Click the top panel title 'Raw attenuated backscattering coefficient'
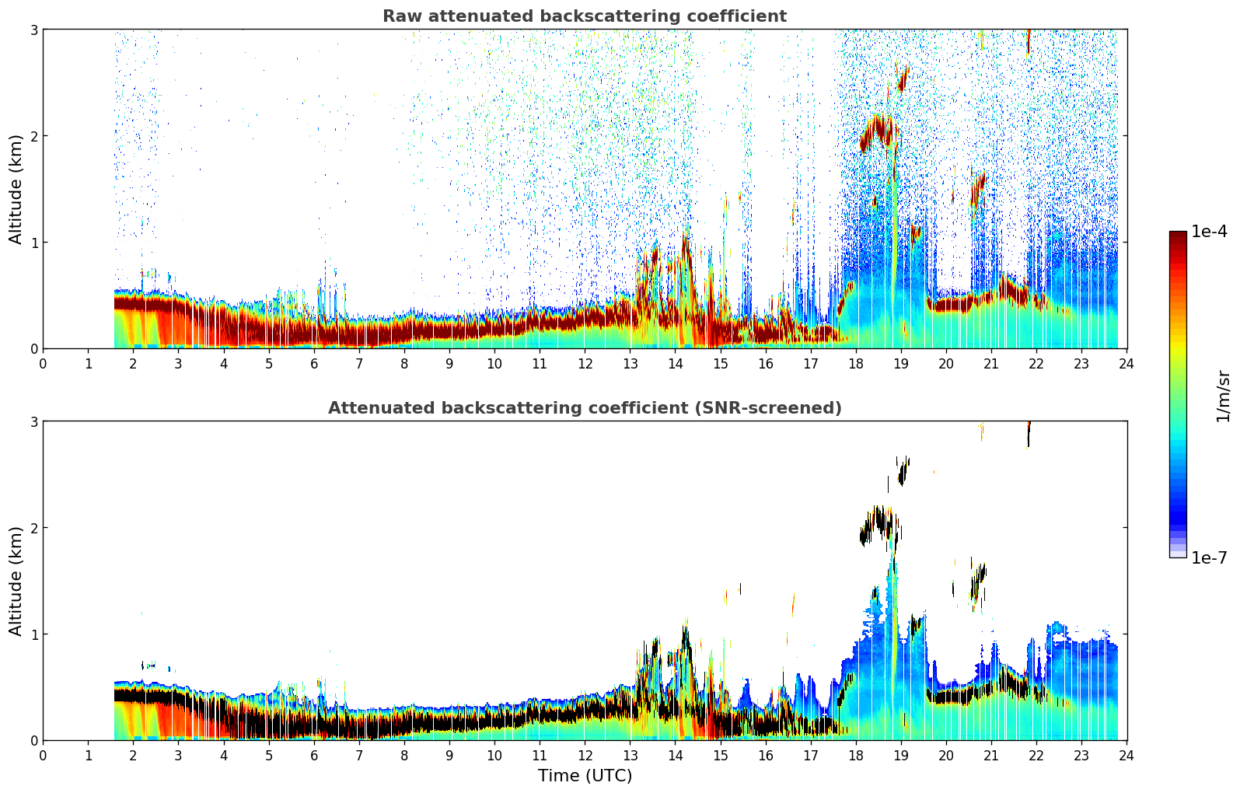pyautogui.click(x=584, y=16)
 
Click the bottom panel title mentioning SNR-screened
pyautogui.click(x=584, y=408)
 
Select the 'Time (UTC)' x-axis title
pyautogui.click(x=585, y=776)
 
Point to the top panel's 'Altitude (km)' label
pyautogui.click(x=16, y=189)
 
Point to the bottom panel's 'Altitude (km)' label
pyautogui.click(x=16, y=581)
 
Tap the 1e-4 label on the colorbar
pyautogui.click(x=1208, y=232)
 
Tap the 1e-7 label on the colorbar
pyautogui.click(x=1208, y=557)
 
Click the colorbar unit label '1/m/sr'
pyautogui.click(x=1223, y=396)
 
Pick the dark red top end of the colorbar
pyautogui.click(x=1178, y=235)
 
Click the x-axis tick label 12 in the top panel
pyautogui.click(x=585, y=363)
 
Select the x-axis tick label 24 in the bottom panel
pyautogui.click(x=1126, y=755)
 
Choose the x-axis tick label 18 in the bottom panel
pyautogui.click(x=855, y=755)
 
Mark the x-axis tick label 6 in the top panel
pyautogui.click(x=314, y=363)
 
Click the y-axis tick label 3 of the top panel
pyautogui.click(x=33, y=30)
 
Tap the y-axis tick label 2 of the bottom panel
pyautogui.click(x=33, y=528)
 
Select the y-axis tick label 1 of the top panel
pyautogui.click(x=33, y=243)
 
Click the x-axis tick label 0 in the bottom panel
pyautogui.click(x=43, y=755)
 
